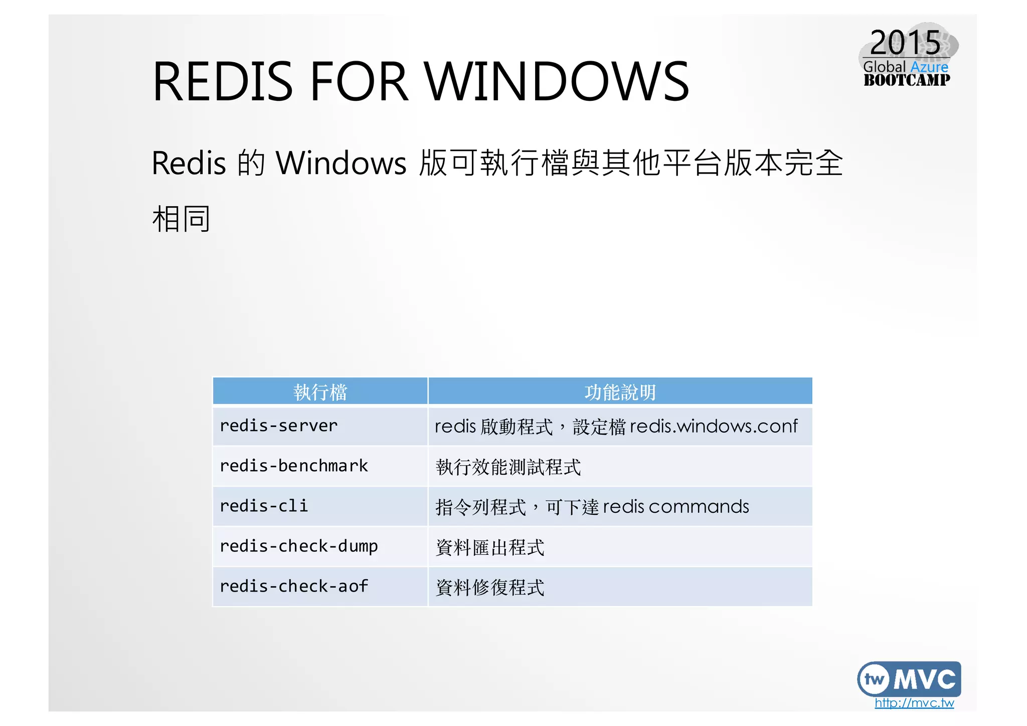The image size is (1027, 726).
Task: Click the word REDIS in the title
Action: [222, 81]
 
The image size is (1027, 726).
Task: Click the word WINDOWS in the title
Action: [557, 81]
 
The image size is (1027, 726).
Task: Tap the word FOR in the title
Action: [359, 81]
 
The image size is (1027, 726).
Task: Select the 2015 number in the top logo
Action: [905, 43]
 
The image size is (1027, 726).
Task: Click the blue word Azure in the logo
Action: [929, 67]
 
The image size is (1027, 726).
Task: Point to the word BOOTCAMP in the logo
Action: [907, 80]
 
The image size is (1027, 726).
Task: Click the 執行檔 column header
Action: [320, 392]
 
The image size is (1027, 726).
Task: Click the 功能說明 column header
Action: [620, 392]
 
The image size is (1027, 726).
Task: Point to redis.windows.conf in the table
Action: [713, 426]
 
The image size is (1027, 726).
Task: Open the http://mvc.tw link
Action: [914, 703]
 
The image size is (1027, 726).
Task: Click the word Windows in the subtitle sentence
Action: [341, 163]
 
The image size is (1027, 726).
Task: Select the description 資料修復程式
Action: [490, 588]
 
